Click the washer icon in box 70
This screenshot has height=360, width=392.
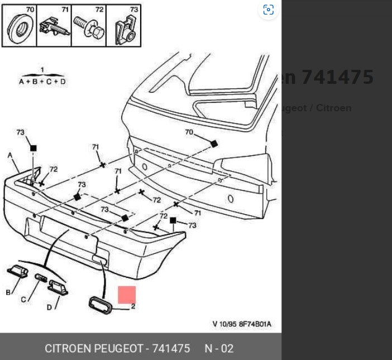[20, 29]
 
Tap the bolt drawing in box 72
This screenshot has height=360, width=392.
[89, 28]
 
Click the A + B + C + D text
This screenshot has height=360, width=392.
[42, 82]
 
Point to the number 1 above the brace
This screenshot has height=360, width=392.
[42, 70]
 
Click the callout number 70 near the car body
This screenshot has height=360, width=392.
[189, 132]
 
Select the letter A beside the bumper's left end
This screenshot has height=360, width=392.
[10, 155]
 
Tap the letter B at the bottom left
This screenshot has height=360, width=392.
[8, 292]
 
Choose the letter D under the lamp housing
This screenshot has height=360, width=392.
[49, 307]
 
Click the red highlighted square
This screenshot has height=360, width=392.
[127, 295]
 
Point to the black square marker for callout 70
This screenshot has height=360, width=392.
[213, 144]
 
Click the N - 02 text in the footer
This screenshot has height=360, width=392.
[219, 349]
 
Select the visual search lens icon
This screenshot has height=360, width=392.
[269, 10]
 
